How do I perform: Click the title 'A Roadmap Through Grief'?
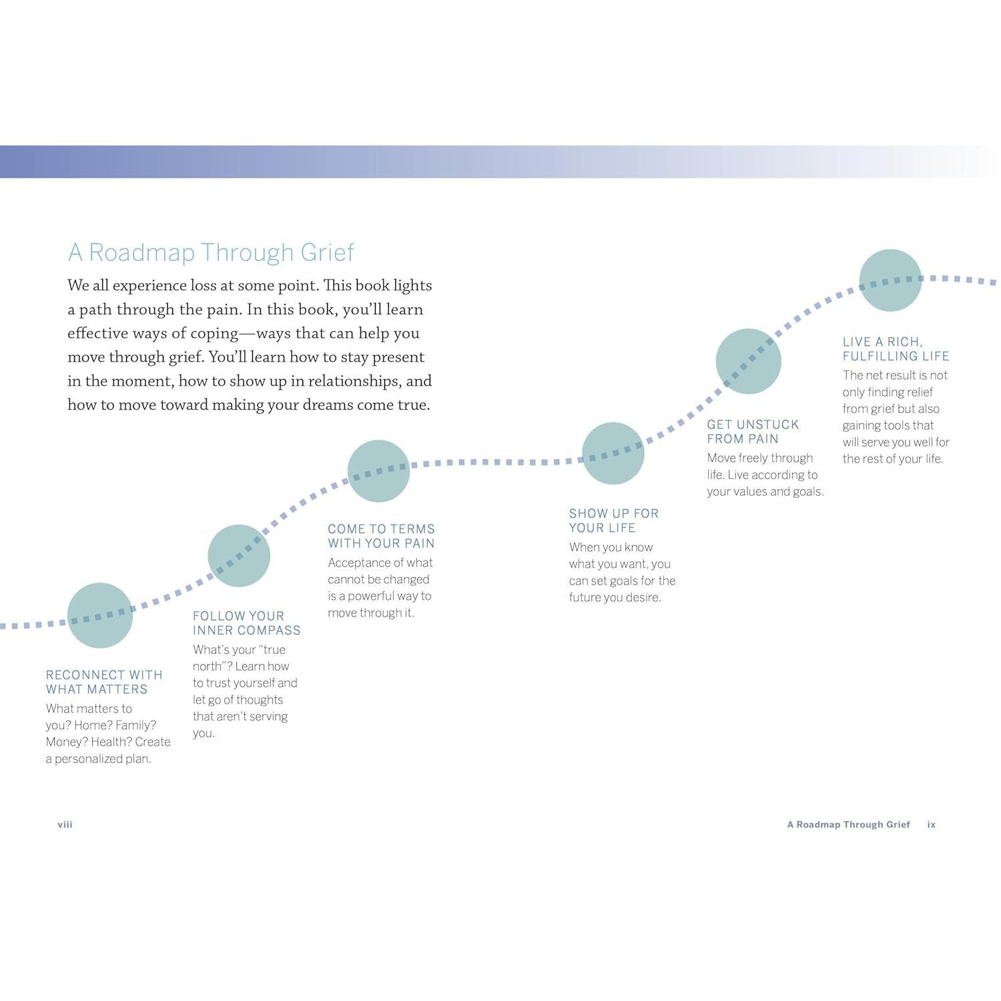point(211,253)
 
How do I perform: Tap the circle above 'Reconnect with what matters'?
point(100,615)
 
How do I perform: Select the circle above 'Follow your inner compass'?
point(239,556)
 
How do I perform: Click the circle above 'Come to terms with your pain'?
point(378,471)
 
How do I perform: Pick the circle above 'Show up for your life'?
point(613,454)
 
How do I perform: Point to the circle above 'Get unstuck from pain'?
point(748,361)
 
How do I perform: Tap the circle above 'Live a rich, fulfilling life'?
point(890,280)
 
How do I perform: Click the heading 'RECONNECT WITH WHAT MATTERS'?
point(104,682)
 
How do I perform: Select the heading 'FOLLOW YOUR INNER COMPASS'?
point(246,623)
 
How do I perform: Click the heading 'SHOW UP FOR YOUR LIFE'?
point(614,521)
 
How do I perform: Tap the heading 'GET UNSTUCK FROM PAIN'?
point(753,432)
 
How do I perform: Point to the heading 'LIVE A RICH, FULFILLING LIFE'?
point(896,349)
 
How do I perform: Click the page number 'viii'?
point(65,825)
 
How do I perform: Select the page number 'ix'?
point(932,825)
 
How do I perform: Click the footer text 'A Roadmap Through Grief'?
point(849,825)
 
